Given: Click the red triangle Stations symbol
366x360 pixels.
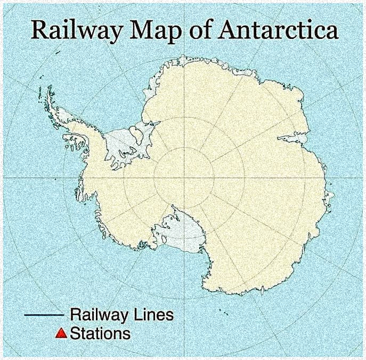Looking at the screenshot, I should click(61, 334).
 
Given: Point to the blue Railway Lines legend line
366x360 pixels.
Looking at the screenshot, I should click(44, 315).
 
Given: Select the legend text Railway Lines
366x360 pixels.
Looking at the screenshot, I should click(121, 315).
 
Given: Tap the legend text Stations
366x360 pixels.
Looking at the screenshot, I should click(100, 334).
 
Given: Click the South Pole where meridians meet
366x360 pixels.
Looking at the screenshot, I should click(184, 178).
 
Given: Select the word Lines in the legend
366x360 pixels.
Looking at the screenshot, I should click(154, 315).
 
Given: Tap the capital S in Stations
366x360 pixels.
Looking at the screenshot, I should click(75, 334).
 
